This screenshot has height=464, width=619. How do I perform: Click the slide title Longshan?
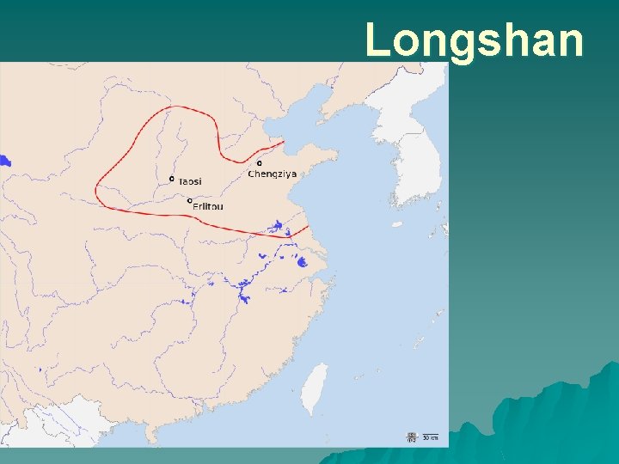point(475,40)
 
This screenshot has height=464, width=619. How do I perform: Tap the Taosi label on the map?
point(191,181)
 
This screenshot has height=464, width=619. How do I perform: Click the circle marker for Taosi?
point(172,179)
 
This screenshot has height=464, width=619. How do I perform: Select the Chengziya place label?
point(273,174)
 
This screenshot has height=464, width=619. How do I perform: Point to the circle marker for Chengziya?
point(260,162)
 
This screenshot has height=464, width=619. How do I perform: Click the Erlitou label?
point(207,206)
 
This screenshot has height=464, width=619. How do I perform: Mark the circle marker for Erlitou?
point(189,200)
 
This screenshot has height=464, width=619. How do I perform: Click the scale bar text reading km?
point(430,438)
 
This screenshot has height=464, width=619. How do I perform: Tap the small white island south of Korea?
point(396,224)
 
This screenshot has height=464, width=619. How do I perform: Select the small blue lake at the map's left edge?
point(4,160)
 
